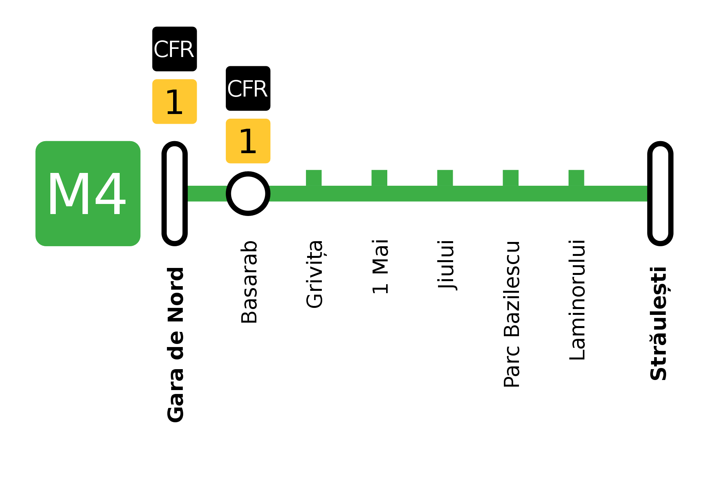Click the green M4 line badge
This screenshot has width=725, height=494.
(88, 193)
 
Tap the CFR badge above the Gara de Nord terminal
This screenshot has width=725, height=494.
(174, 49)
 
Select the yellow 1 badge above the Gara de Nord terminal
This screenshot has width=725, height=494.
(174, 102)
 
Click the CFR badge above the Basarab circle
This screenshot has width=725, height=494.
(248, 88)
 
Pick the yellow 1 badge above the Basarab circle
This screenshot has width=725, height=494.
(248, 141)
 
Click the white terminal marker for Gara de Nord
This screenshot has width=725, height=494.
(175, 193)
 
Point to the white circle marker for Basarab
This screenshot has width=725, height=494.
(248, 193)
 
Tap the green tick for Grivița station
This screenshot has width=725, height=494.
(314, 178)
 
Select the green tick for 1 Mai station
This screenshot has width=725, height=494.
(379, 178)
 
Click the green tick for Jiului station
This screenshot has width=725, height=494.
(445, 178)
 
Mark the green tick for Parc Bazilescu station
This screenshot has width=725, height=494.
(510, 178)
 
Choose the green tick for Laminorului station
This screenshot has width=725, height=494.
(576, 178)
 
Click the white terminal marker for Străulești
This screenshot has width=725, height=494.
(660, 193)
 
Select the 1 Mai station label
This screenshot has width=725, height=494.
(380, 269)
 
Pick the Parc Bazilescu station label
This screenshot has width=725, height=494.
(511, 313)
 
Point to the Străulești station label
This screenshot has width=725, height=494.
(658, 328)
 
